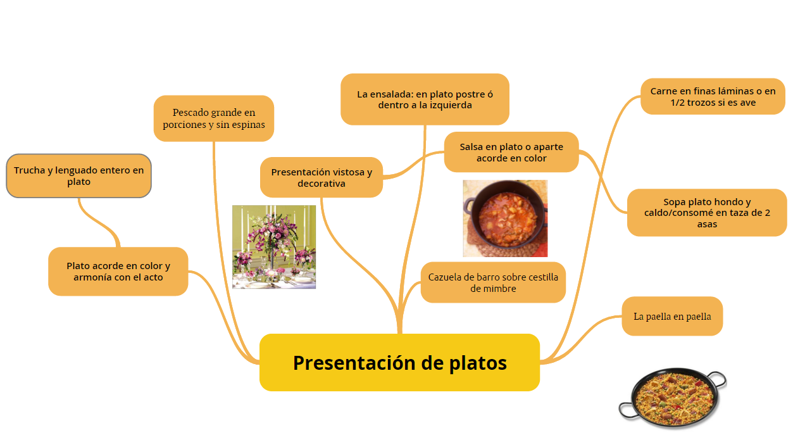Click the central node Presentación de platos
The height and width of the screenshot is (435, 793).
399,362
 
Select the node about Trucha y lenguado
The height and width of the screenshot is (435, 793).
78,175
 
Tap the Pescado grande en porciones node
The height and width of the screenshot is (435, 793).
213,118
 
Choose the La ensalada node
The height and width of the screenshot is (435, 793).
425,99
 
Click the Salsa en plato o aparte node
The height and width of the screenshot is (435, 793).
511,152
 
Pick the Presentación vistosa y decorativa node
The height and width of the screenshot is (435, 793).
322,177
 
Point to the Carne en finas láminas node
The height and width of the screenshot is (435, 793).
713,97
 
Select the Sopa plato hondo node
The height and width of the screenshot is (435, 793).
707,213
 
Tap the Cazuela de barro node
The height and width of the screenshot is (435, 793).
493,282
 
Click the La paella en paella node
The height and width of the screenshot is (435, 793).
672,316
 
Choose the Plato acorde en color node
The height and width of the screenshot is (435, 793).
118,271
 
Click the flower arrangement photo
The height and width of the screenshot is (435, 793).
274,247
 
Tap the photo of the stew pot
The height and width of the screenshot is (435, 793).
505,218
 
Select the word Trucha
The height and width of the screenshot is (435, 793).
29,170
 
